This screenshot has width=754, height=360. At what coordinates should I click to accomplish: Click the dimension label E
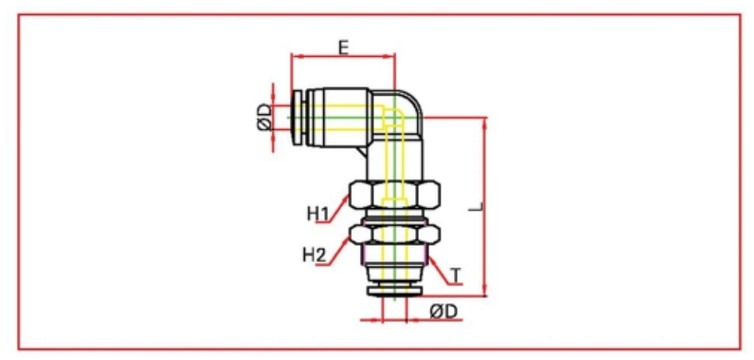tap(342, 47)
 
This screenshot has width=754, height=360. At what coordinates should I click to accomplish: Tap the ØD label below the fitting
tap(444, 311)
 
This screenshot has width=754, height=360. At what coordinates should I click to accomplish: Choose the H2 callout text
tap(315, 253)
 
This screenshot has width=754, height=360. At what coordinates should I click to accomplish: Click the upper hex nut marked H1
tap(394, 194)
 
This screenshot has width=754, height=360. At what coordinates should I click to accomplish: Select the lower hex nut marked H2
tap(394, 232)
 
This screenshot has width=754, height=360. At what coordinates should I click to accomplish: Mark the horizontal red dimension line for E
tap(342, 56)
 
